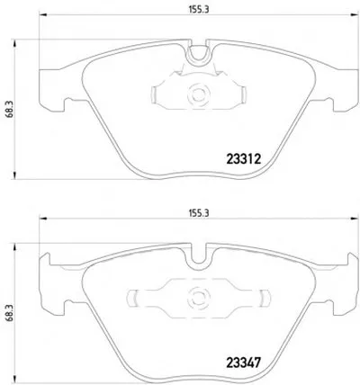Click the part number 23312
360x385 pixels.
click(243, 159)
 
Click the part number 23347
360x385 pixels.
click(243, 363)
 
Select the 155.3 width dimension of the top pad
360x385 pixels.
click(198, 9)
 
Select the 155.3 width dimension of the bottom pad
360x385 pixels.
click(198, 213)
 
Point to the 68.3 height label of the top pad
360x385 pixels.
click(9, 109)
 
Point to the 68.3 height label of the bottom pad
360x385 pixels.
click(9, 312)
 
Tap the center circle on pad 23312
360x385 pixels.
click(198, 94)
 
